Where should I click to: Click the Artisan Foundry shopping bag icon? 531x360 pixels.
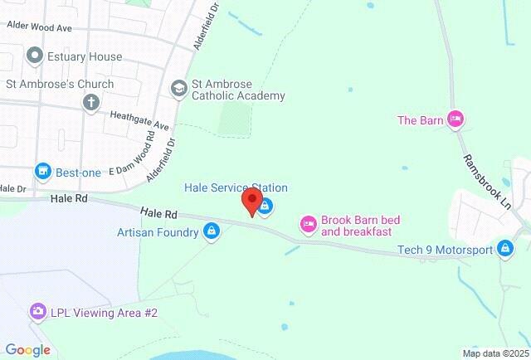[x=212, y=231]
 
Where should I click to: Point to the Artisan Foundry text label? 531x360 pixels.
[x=158, y=231]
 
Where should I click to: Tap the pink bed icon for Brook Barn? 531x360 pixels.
[x=308, y=223]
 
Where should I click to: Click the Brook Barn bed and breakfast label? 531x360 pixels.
[x=361, y=226]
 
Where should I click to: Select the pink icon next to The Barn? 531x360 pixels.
[x=455, y=120]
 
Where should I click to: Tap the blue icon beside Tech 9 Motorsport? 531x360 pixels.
[x=504, y=247]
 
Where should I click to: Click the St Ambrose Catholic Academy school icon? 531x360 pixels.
[x=178, y=88]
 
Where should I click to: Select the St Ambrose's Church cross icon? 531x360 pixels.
[x=90, y=103]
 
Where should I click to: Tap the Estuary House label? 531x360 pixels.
[x=85, y=57]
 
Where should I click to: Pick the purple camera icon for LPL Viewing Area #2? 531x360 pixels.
[x=37, y=312]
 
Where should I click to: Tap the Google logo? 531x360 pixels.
[x=27, y=350]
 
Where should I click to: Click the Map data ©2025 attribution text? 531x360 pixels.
[x=495, y=353]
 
